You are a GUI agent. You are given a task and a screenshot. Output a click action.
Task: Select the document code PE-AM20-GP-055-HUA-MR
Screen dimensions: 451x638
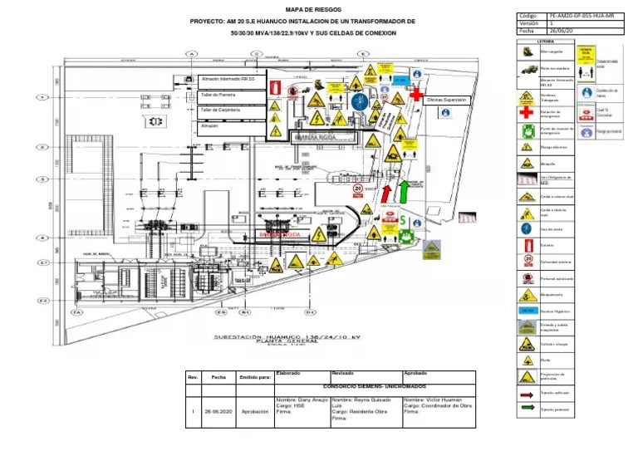(582, 16)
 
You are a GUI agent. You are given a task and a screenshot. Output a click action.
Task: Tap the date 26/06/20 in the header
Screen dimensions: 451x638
(562, 31)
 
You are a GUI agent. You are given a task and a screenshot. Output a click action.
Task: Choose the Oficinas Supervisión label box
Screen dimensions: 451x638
(447, 100)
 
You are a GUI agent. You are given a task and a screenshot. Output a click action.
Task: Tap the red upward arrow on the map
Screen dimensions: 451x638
(385, 193)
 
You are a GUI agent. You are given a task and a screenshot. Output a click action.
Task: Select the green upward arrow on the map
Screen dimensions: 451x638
(404, 191)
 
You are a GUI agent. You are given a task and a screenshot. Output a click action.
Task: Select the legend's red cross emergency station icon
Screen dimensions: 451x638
(526, 112)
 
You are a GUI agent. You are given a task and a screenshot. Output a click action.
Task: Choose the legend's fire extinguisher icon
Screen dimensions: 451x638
(526, 245)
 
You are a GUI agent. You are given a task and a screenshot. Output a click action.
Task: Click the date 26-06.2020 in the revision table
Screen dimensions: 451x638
(218, 411)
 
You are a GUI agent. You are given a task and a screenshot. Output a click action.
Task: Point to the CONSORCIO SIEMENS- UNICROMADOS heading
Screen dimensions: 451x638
(363, 386)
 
